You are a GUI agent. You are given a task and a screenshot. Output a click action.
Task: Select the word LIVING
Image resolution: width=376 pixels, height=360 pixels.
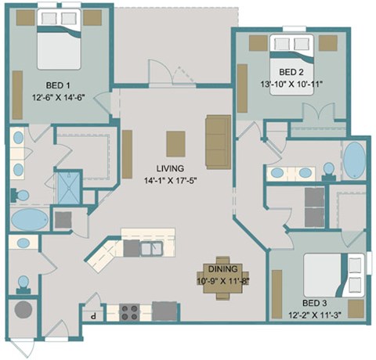[x=169, y=168]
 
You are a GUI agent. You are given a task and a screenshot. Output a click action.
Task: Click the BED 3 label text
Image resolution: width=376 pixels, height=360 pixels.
[x=316, y=302]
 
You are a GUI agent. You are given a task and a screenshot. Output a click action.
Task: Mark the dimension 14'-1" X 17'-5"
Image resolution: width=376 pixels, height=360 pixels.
[x=169, y=182]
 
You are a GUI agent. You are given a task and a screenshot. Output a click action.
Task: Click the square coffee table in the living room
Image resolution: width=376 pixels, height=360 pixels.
[x=175, y=143]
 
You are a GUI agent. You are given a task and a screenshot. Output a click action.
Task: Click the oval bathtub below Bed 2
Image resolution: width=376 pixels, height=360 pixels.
[x=355, y=160]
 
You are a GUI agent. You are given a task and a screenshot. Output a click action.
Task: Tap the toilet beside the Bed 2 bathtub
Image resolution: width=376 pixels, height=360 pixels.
[x=328, y=171]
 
